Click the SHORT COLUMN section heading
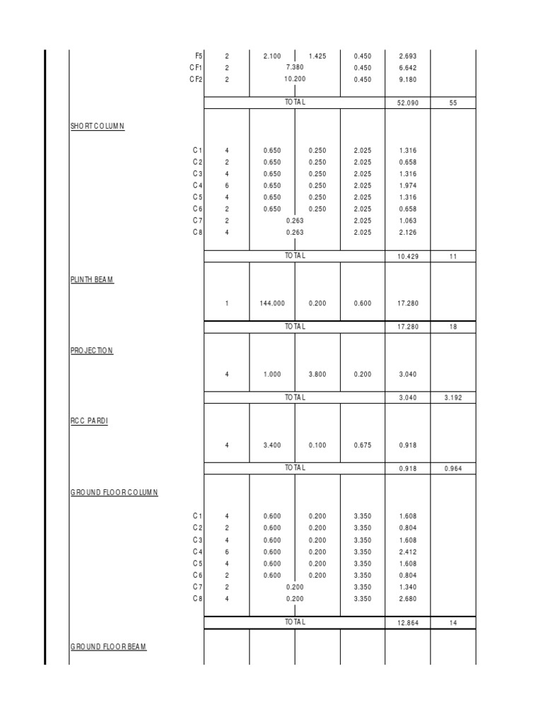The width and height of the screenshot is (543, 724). click(98, 127)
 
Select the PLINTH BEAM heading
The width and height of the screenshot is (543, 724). click(92, 280)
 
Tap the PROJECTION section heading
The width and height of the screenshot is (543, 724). click(92, 351)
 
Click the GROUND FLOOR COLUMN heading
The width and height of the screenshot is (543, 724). click(115, 492)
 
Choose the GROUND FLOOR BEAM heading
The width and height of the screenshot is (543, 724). click(109, 646)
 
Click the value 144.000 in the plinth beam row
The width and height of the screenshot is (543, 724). click(272, 303)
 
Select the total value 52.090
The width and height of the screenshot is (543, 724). click(407, 103)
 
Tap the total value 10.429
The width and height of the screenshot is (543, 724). click(407, 257)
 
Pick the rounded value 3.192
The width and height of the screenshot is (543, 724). click(452, 398)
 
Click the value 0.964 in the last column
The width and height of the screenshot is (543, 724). click(452, 468)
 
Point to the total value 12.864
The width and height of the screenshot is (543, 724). click(407, 623)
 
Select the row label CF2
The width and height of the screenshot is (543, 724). click(196, 79)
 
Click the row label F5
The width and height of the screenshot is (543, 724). click(199, 56)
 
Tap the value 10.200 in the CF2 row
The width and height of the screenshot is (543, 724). click(295, 79)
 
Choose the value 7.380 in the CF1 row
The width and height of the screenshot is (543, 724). click(295, 67)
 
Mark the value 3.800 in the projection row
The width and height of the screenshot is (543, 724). click(317, 375)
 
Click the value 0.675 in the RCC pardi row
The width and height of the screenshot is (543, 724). click(362, 445)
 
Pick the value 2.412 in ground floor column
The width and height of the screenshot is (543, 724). click(407, 551)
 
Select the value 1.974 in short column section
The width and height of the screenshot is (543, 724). click(407, 185)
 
